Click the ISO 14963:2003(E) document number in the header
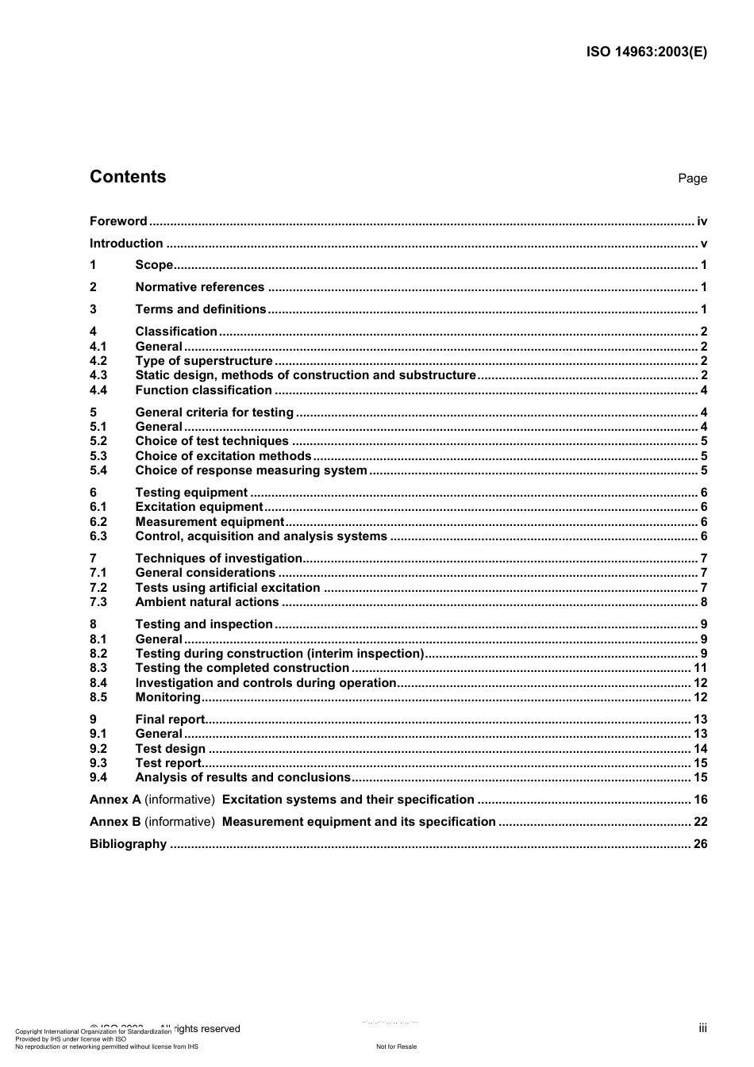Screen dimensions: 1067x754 646,52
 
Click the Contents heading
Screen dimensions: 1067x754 128,177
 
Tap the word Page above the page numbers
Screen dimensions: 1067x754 692,178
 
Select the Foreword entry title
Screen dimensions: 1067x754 118,221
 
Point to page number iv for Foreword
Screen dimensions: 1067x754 702,221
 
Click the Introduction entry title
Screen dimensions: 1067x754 126,244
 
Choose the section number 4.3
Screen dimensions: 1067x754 98,375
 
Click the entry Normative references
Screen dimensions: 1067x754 199,287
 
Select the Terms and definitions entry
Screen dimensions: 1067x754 201,309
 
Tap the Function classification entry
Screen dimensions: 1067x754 203,390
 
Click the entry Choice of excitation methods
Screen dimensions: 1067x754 223,456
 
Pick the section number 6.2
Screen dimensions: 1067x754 98,522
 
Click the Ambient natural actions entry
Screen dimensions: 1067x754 206,602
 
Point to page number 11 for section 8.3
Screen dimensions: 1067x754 700,668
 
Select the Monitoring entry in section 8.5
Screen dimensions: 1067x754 167,697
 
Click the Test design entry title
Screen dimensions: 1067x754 170,749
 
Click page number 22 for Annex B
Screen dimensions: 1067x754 700,822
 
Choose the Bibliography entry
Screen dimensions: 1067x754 128,844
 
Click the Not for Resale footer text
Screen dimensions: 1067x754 396,1046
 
